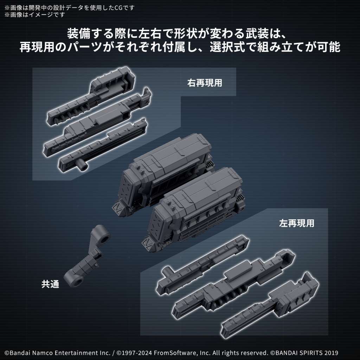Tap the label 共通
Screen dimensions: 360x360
pyautogui.click(x=50, y=284)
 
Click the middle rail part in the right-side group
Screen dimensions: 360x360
pyautogui.click(x=98, y=123)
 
